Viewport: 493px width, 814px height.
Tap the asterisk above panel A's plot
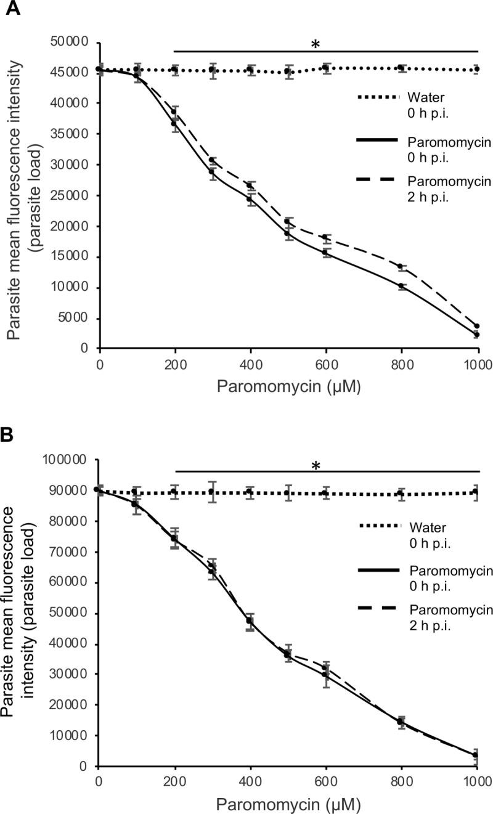click(x=316, y=44)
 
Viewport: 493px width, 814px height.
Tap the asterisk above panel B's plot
click(x=316, y=465)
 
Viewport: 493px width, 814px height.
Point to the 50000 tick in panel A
click(x=70, y=42)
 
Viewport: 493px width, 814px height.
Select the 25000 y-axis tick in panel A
click(x=70, y=195)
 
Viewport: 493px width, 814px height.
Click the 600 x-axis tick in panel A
click(x=326, y=363)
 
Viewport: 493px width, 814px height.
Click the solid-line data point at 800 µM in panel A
click(x=402, y=286)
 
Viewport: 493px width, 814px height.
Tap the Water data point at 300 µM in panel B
click(x=212, y=492)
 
